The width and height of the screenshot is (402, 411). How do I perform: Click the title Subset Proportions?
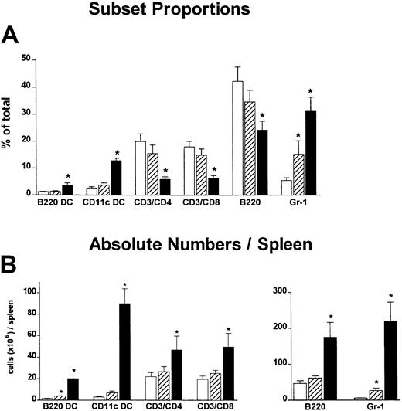[200, 12]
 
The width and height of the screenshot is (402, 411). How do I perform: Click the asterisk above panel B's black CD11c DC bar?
[123, 274]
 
